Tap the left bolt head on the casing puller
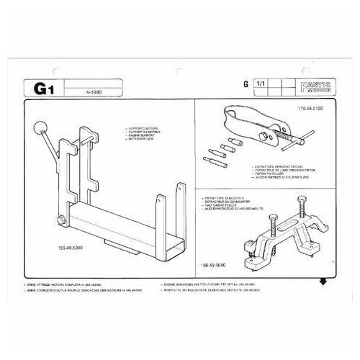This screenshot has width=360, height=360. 260,195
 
